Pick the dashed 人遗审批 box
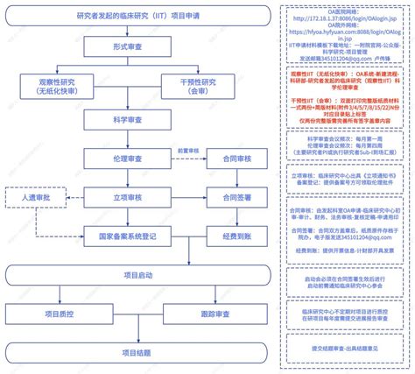click(x=36, y=198)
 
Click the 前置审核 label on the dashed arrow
click(x=188, y=152)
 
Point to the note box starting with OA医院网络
click(x=345, y=36)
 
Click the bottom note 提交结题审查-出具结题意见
click(x=345, y=348)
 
